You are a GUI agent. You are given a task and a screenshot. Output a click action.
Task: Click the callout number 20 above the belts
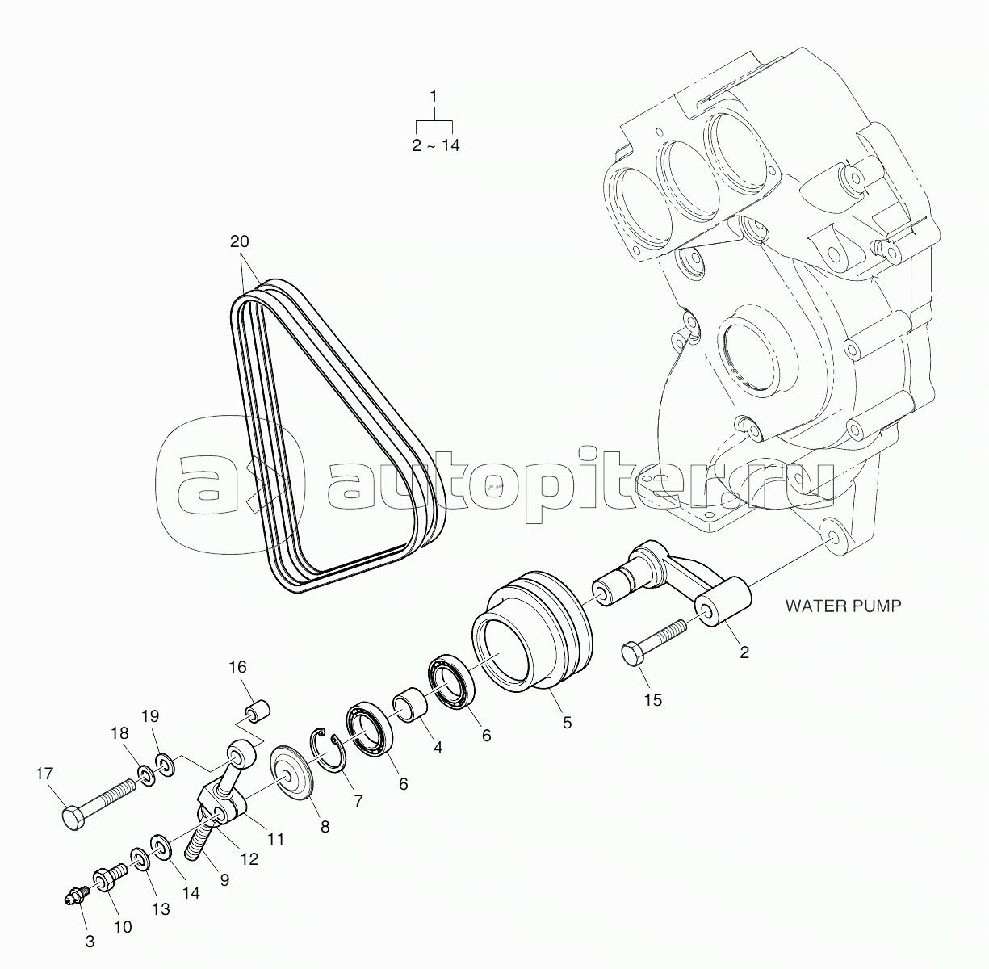click(239, 241)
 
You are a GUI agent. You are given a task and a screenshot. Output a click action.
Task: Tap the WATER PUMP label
click(843, 606)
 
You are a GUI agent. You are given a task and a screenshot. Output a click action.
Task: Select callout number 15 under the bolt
click(653, 699)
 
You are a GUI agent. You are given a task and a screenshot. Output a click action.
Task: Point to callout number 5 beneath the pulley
click(567, 723)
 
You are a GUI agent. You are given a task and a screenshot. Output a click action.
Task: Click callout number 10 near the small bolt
click(124, 942)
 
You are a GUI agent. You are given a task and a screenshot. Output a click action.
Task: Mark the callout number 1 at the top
click(434, 96)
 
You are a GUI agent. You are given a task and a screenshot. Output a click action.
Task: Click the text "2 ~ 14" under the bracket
click(435, 145)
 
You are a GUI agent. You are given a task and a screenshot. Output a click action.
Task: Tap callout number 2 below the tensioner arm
click(744, 652)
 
